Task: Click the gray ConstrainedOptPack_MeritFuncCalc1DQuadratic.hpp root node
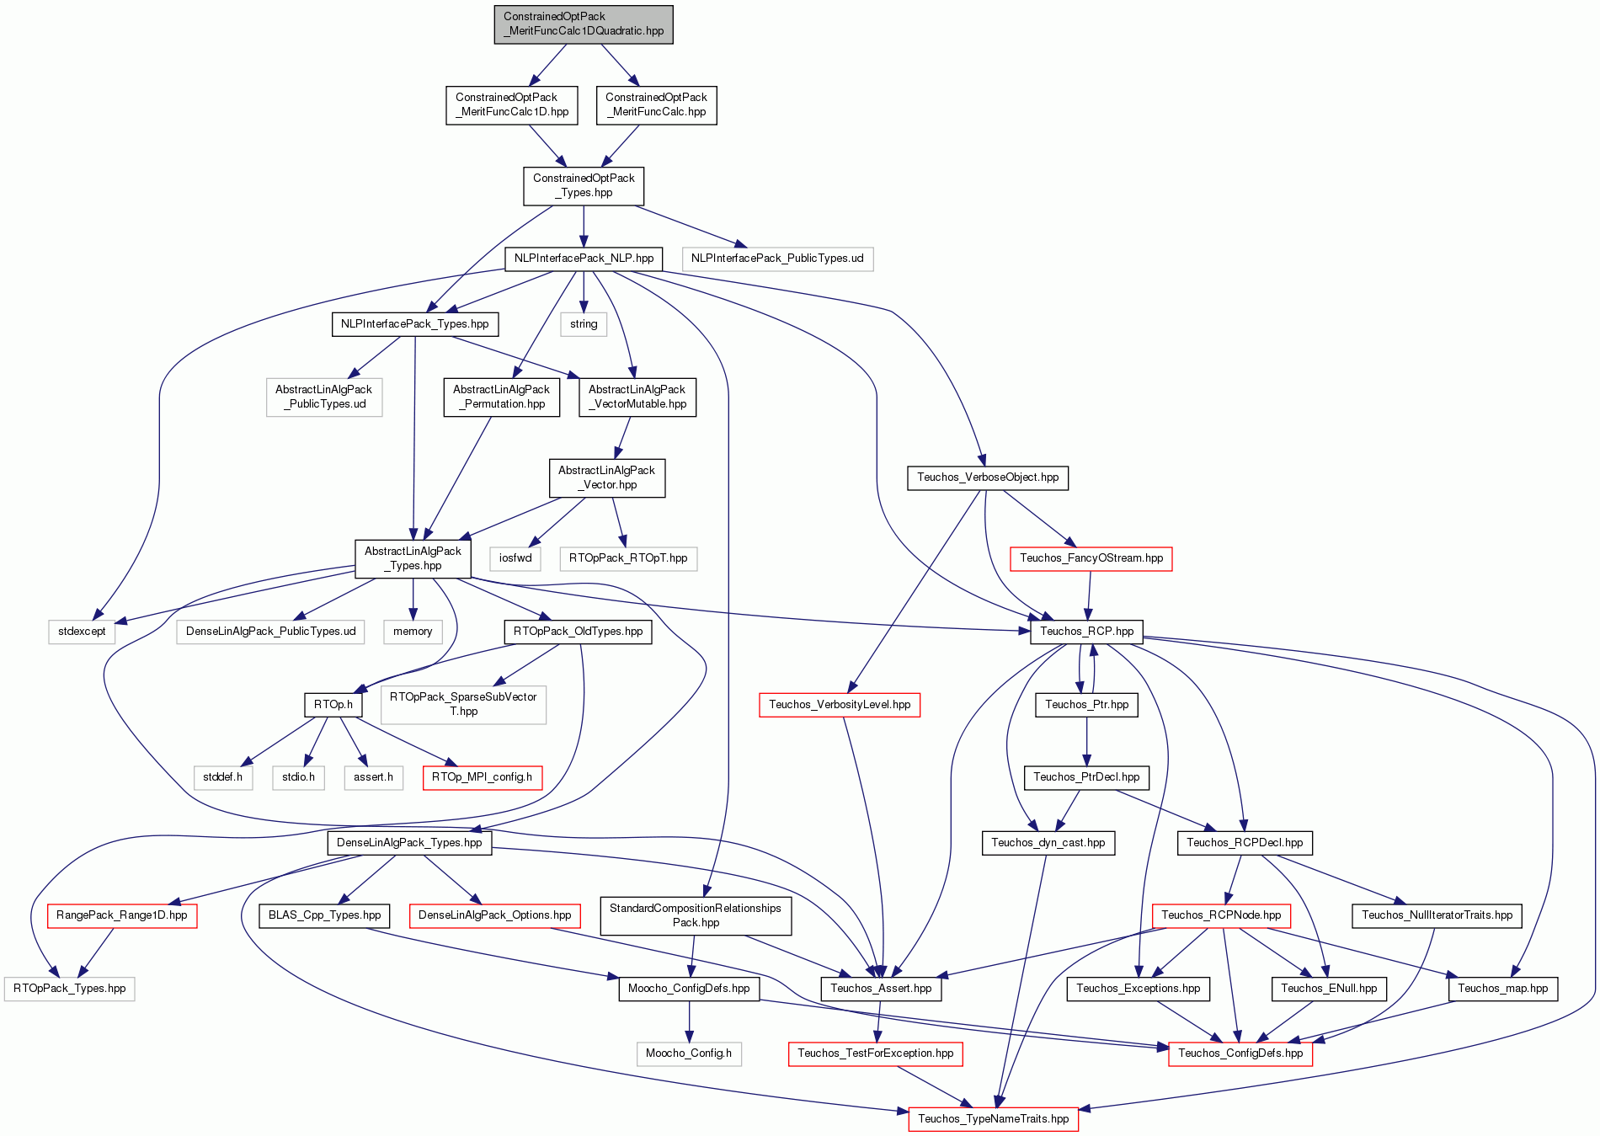click(584, 24)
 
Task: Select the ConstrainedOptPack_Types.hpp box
click(584, 185)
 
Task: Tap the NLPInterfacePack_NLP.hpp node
click(584, 259)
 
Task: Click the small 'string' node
click(584, 324)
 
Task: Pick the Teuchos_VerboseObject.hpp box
click(988, 477)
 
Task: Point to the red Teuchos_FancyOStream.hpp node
click(1091, 558)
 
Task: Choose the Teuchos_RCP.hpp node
click(1086, 632)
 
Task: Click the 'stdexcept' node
click(82, 632)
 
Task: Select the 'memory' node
click(413, 632)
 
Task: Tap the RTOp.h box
click(333, 705)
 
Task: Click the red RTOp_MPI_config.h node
click(482, 777)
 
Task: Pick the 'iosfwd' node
click(515, 558)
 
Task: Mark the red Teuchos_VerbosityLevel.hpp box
click(840, 705)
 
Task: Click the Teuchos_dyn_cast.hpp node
click(1048, 843)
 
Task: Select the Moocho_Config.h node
click(689, 1053)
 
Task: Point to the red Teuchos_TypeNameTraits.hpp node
click(994, 1119)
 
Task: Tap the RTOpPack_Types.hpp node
click(69, 989)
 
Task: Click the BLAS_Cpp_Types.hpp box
click(324, 915)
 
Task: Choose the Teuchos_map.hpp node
click(1503, 989)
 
